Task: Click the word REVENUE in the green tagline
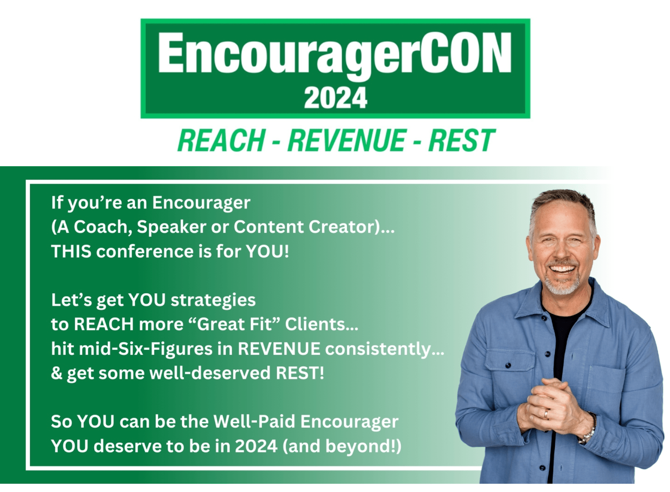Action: pos(346,140)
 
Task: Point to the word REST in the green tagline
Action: pos(461,140)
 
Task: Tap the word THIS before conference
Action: pos(71,251)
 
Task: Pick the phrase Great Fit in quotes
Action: pos(234,324)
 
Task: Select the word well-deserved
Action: pos(210,373)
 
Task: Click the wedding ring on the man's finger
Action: pos(546,414)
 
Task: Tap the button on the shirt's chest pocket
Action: pos(508,366)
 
